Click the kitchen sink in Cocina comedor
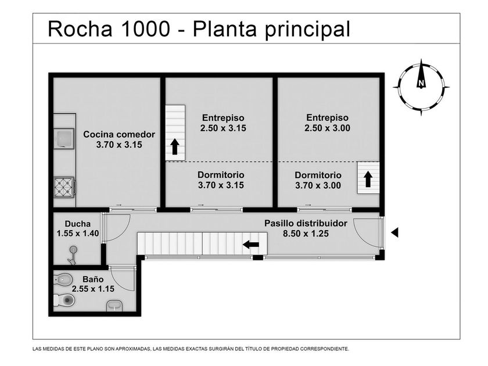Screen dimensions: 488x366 [x=64, y=138]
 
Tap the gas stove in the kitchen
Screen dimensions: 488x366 [x=64, y=187]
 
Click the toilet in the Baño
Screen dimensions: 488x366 [x=64, y=300]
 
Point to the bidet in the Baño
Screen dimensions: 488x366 [x=63, y=279]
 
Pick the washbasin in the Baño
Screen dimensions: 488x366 [x=114, y=306]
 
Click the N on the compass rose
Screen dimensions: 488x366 [x=421, y=83]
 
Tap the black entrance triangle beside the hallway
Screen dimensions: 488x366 [x=395, y=232]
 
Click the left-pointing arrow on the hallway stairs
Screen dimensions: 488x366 [x=251, y=245]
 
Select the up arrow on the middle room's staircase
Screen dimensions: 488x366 [x=175, y=147]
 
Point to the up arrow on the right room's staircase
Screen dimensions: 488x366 [x=368, y=179]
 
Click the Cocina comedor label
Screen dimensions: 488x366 [x=119, y=134]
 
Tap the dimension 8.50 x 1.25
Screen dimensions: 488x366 [x=306, y=234]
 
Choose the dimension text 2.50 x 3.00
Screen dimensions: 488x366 [x=328, y=128]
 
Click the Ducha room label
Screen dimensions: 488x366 [x=78, y=224]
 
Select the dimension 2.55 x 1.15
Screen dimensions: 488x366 [x=93, y=289]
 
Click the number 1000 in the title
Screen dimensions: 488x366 [x=145, y=29]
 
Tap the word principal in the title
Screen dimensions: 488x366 [x=307, y=30]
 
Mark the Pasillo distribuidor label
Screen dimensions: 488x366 [x=306, y=224]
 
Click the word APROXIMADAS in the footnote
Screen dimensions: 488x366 [x=132, y=349]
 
